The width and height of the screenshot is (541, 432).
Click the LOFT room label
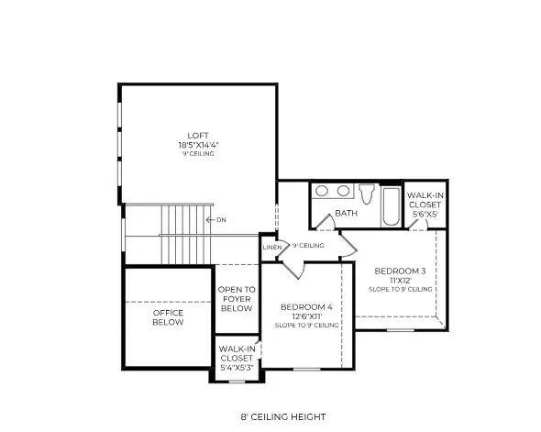point(199,135)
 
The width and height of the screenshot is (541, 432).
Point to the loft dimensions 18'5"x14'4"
point(199,144)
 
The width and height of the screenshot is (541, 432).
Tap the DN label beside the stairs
point(221,219)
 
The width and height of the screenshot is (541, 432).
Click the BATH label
point(346,214)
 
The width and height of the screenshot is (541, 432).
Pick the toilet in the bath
point(367,194)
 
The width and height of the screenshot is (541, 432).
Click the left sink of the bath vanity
point(323,192)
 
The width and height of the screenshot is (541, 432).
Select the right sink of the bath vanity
point(343,192)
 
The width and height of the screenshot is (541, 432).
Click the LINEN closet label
point(271,247)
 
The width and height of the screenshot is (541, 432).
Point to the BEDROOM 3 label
point(399,271)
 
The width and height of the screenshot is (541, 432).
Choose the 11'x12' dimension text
point(399,280)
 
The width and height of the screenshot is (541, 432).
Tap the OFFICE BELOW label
point(168,317)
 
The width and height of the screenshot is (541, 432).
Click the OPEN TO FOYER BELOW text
point(236,300)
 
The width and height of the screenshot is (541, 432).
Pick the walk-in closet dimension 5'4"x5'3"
point(236,367)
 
